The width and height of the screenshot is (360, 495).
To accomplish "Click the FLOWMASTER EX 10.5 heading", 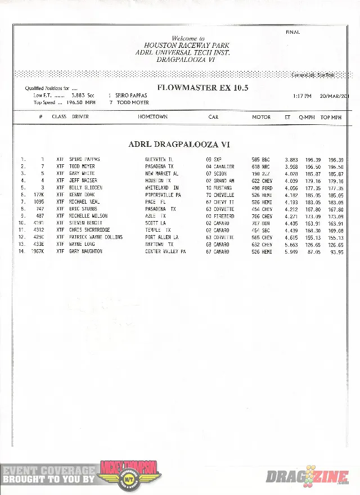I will [x=202, y=88].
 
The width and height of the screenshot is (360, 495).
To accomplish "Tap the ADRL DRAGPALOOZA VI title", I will [x=179, y=145].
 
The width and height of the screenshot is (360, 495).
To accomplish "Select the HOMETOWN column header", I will [x=152, y=117].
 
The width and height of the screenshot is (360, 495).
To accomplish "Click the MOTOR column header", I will [x=261, y=117].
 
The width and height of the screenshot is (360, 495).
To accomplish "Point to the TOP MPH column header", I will [x=331, y=117].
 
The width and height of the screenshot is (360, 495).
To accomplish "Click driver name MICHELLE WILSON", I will [x=88, y=216].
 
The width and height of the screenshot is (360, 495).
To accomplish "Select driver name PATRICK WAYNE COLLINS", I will [x=96, y=237].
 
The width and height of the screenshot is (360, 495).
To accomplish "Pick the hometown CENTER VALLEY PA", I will [x=165, y=251].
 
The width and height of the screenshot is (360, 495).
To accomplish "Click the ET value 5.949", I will [x=291, y=251].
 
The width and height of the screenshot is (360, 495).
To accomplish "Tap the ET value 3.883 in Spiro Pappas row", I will [x=291, y=160].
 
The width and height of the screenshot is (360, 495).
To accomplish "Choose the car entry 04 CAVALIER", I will [x=220, y=166].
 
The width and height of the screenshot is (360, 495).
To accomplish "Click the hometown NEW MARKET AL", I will [x=162, y=174].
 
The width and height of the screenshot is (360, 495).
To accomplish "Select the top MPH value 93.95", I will [x=336, y=251].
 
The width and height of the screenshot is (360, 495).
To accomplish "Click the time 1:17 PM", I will [x=302, y=96].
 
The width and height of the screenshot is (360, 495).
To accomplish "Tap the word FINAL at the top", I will [x=292, y=32].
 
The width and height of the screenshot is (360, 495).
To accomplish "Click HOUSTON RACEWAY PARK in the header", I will [x=179, y=45].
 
